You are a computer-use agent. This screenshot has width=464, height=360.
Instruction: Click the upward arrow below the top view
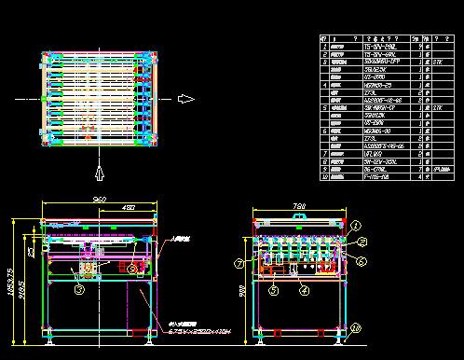[99, 171]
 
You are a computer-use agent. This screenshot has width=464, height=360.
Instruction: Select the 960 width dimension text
[99, 200]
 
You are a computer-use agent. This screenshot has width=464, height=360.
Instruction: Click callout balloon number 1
[355, 224]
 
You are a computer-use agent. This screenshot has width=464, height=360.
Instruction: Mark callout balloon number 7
[239, 264]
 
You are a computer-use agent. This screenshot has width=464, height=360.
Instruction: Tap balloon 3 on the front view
[79, 289]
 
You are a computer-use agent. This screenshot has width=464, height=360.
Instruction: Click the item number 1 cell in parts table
[324, 45]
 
